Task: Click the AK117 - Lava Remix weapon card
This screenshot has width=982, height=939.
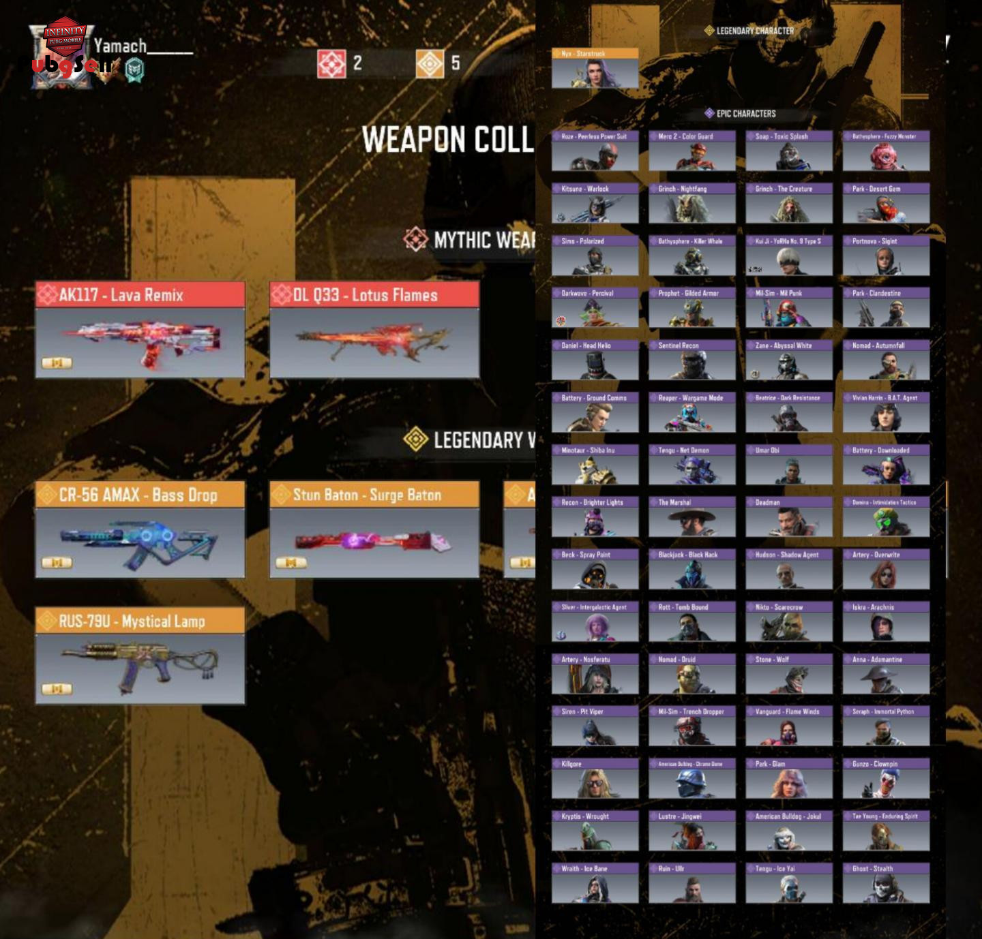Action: coord(140,330)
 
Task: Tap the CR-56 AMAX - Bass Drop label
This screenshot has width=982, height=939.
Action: coord(139,495)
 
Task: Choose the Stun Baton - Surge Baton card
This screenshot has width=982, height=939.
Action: coord(374,529)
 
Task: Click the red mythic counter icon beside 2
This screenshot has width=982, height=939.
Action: coord(331,64)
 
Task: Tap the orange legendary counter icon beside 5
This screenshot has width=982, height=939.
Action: coord(430,64)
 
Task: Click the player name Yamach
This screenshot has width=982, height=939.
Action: coord(121,46)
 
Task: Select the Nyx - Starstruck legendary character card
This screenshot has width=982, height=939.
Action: coord(595,68)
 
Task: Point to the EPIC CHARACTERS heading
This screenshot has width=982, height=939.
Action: coord(745,114)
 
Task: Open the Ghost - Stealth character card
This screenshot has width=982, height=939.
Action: coord(886,883)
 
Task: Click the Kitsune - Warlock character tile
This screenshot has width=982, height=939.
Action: coord(595,203)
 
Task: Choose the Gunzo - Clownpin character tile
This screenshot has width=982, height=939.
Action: coord(886,778)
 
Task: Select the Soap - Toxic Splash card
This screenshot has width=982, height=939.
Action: coord(789,151)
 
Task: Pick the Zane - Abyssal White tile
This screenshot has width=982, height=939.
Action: coord(789,360)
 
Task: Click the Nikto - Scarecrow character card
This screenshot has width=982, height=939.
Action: coord(789,621)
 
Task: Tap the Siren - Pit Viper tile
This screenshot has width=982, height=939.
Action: coord(595,726)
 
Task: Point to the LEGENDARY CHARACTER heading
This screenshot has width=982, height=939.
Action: coord(754,31)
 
